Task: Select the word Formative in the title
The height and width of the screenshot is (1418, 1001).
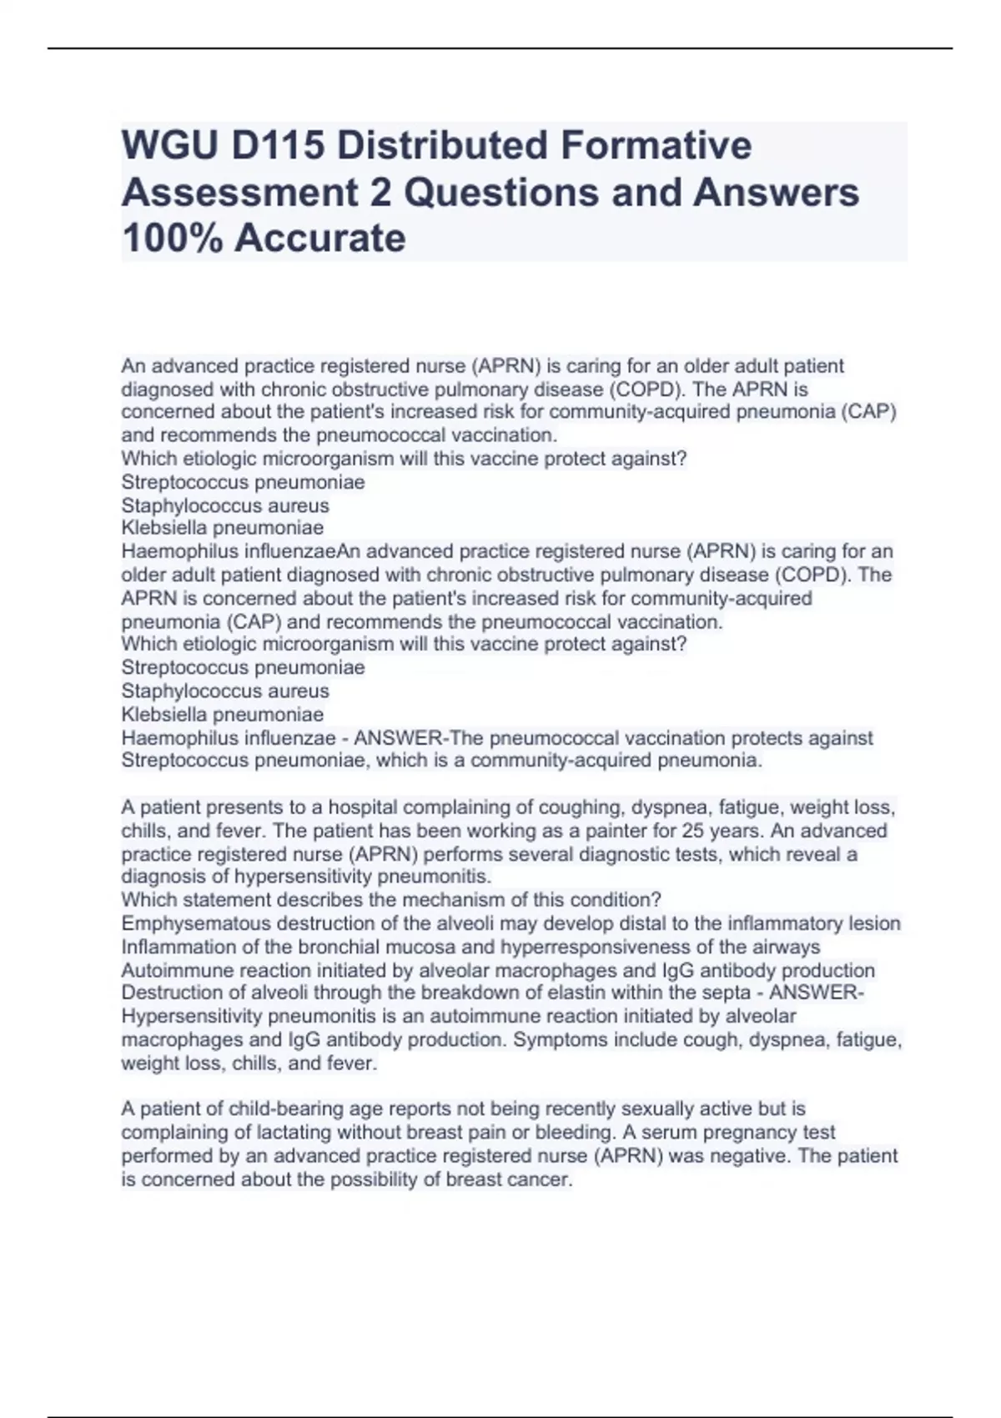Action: click(656, 145)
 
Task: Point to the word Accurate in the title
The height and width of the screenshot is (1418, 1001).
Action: click(320, 239)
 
